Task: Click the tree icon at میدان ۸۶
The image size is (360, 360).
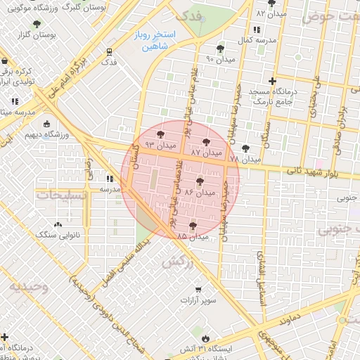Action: click(200, 181)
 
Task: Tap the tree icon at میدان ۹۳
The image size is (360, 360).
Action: click(160, 133)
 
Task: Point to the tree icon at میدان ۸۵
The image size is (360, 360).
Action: click(193, 226)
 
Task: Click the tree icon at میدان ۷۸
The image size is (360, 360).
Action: click(245, 148)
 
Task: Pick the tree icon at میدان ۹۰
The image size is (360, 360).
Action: click(221, 49)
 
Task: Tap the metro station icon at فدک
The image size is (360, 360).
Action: click(109, 51)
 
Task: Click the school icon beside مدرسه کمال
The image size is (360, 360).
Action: click(255, 30)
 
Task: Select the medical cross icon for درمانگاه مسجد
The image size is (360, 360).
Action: click(272, 82)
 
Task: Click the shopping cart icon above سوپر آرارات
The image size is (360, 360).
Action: click(198, 290)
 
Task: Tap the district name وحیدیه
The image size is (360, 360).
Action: click(29, 287)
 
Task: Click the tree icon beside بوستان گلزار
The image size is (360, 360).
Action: click(37, 24)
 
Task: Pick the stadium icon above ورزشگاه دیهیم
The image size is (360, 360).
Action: click(47, 124)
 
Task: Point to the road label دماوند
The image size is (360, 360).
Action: click(289, 320)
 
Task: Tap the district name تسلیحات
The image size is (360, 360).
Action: click(62, 195)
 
